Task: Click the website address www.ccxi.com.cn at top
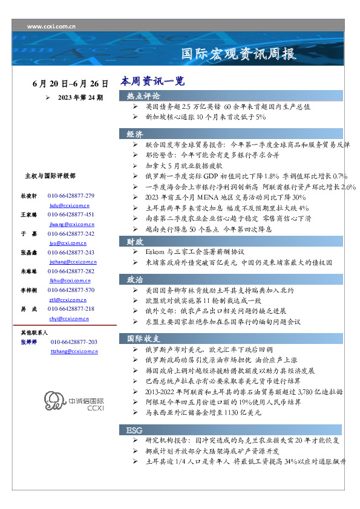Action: tap(51, 27)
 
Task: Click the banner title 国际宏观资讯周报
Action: tap(240, 54)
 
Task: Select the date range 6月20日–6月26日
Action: tap(71, 83)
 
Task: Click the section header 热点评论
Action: tap(143, 96)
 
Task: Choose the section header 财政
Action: tap(135, 241)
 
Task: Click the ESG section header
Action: tap(134, 430)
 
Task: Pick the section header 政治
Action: tap(135, 280)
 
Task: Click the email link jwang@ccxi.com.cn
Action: tap(68, 224)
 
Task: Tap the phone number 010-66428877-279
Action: tap(71, 196)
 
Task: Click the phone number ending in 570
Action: tap(71, 290)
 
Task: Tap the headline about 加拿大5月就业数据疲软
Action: tap(184, 164)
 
